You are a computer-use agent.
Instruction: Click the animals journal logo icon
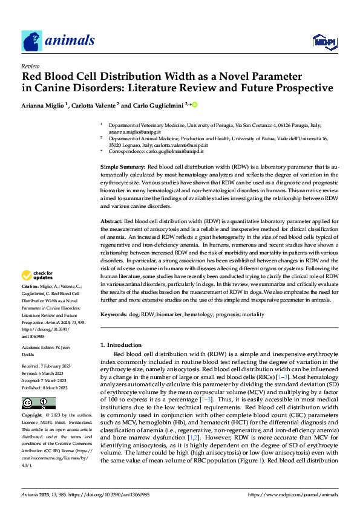coord(31,41)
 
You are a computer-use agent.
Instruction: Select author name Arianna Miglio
coord(45,105)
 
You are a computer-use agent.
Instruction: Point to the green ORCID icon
coord(195,105)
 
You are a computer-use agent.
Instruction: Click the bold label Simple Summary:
coord(122,166)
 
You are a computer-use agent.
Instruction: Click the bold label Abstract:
coord(111,222)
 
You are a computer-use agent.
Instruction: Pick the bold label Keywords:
coord(114,315)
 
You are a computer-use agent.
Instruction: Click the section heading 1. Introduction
coord(124,345)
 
